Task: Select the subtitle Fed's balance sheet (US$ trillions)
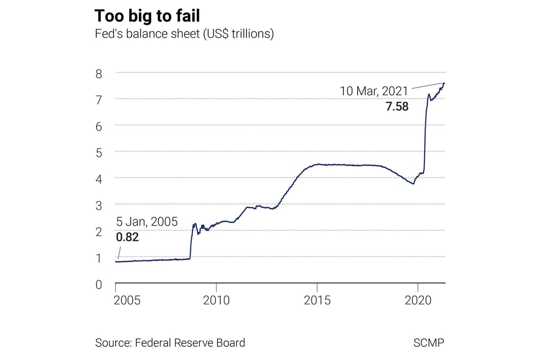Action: (185, 34)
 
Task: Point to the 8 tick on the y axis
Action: (98, 73)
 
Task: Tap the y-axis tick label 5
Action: (98, 152)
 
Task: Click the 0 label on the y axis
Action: (98, 285)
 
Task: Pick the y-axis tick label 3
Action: (98, 205)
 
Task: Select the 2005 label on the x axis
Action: (127, 300)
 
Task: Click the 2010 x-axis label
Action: (216, 300)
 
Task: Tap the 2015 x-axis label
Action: (317, 300)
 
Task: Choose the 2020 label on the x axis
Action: (418, 300)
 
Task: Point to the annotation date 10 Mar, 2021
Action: (374, 91)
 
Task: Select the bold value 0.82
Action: (127, 237)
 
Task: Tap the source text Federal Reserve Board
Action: (190, 343)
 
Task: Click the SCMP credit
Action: (428, 343)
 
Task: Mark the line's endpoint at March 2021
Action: (444, 83)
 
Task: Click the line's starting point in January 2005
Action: (116, 261)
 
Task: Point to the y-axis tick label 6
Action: (98, 126)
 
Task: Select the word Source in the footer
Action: (112, 343)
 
